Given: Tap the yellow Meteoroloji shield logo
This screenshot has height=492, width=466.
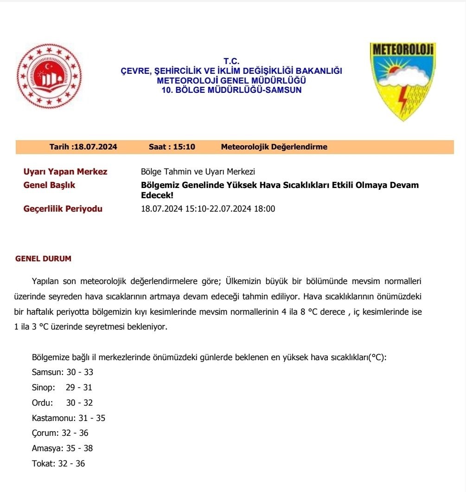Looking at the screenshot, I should [x=402, y=80].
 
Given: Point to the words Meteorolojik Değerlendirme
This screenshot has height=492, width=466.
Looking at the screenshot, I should [x=274, y=147].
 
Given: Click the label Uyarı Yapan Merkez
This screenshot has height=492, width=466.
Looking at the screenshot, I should [x=65, y=172].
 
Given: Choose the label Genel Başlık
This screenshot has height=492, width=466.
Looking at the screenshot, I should [x=49, y=185].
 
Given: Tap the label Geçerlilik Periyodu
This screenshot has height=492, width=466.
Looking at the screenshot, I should [x=63, y=209].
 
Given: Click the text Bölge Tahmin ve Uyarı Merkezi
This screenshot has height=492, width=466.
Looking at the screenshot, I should [x=198, y=172].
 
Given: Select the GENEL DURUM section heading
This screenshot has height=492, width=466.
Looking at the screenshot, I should [x=44, y=259].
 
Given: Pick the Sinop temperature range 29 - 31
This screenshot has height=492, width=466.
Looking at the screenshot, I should [x=79, y=388].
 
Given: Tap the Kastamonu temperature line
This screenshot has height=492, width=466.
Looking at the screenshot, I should [x=69, y=418].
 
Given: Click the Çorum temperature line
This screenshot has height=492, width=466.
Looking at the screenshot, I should [x=60, y=434].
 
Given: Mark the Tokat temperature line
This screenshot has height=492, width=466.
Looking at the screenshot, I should [x=58, y=464].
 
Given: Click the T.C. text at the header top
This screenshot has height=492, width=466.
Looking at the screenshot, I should [x=231, y=61].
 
